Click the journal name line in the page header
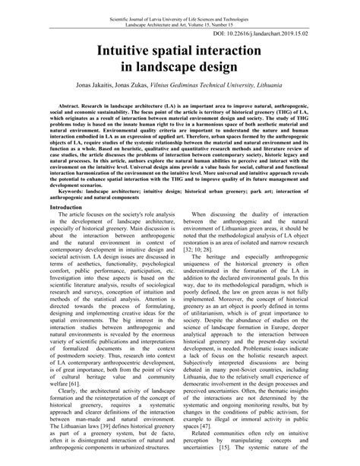pos(180,7)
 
